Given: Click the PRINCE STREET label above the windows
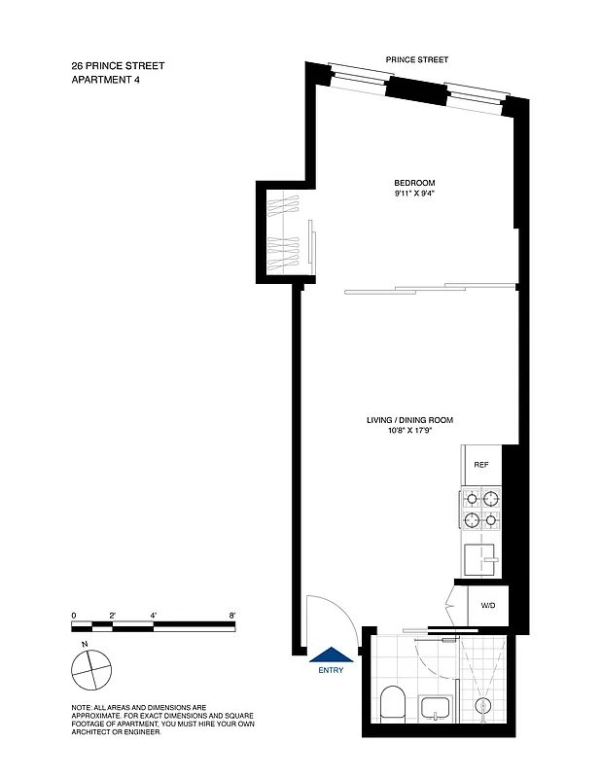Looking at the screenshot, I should click(417, 59).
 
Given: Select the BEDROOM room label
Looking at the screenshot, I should click(413, 184).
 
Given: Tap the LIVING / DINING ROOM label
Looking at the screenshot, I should click(409, 420).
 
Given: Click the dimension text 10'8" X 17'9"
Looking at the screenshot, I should click(409, 431).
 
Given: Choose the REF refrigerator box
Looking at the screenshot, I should click(480, 466).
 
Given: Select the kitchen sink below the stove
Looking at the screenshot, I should click(480, 558).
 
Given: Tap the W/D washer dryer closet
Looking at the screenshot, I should click(486, 606).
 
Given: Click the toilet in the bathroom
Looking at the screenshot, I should click(394, 702).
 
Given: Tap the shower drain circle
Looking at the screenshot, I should click(480, 705).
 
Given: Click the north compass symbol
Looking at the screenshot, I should click(89, 669).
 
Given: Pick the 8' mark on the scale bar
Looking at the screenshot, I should click(232, 616).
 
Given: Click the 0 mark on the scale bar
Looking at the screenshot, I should click(74, 616).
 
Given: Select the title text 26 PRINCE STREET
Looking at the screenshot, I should click(118, 66).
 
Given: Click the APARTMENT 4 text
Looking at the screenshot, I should click(109, 81).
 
